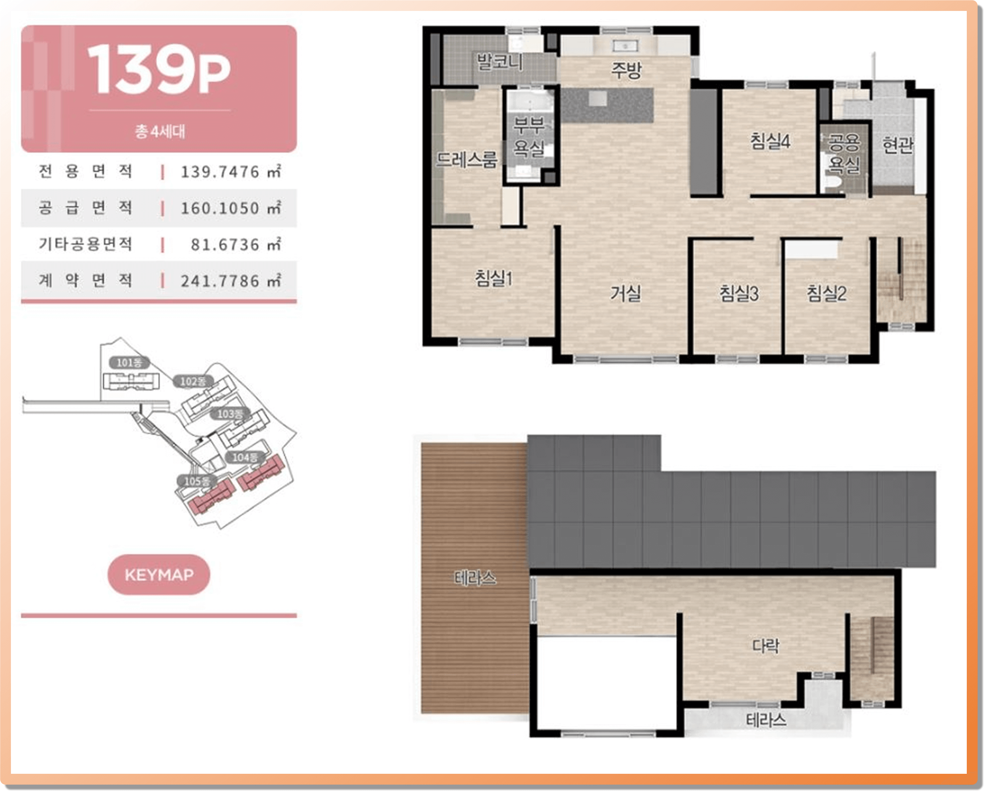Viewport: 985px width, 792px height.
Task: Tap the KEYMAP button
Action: (158, 575)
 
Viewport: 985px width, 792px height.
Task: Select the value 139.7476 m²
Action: (231, 171)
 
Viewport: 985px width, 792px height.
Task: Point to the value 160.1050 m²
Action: (231, 208)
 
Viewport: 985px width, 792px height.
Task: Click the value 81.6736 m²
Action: (236, 244)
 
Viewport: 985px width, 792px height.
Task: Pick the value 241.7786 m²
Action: (231, 281)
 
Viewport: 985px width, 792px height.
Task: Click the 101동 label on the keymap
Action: (129, 363)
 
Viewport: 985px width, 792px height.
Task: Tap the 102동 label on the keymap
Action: (193, 381)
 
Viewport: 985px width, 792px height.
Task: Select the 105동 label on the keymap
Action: (197, 481)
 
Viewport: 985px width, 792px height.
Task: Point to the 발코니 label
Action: (499, 61)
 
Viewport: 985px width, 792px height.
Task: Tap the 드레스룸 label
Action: (466, 160)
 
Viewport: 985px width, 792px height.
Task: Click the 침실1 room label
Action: (493, 278)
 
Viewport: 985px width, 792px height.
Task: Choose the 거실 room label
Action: (626, 293)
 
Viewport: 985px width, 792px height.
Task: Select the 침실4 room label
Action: (770, 141)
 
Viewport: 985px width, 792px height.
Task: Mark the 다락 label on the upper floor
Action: (766, 645)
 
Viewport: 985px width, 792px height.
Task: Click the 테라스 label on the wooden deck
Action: (475, 578)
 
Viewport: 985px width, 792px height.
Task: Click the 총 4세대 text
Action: (160, 132)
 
